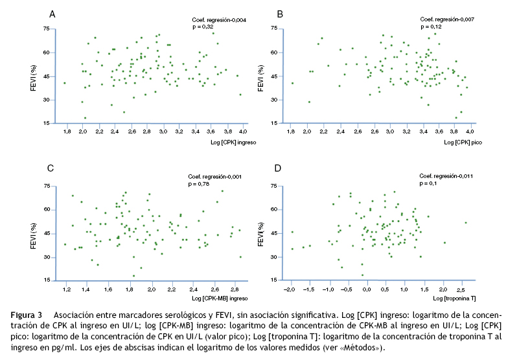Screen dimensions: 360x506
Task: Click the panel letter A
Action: click(x=52, y=14)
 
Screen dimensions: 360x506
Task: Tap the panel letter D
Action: click(x=279, y=169)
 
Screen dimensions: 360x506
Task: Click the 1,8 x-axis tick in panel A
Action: click(x=67, y=131)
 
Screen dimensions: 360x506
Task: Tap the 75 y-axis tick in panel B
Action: click(x=274, y=28)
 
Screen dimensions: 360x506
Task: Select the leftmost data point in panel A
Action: click(x=65, y=83)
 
